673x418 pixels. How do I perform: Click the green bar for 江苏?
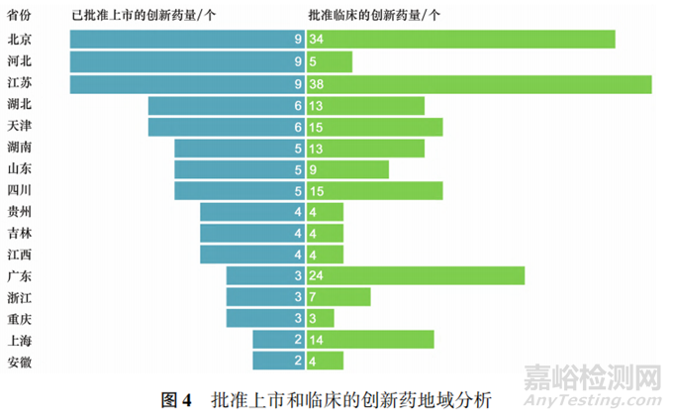coord(479,84)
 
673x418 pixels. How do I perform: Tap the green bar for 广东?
coord(416,275)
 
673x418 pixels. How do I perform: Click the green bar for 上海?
coord(370,340)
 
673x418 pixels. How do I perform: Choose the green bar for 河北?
coord(330,61)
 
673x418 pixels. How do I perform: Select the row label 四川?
coord(20,189)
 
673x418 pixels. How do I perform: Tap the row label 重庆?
coord(20,318)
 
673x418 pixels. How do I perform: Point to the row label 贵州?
coord(20,211)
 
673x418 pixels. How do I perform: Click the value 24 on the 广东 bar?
coord(317,275)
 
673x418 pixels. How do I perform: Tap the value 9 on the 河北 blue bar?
coord(297,61)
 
